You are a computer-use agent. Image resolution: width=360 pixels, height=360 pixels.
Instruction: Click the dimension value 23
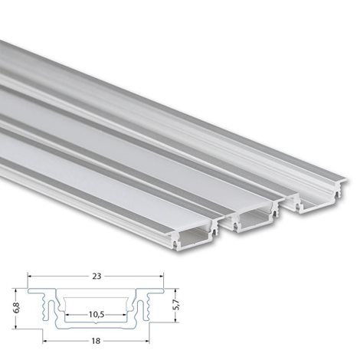tap(97, 277)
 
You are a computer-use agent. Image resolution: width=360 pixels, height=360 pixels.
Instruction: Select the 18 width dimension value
tap(96, 341)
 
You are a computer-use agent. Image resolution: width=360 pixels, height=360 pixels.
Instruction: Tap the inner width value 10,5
tap(97, 315)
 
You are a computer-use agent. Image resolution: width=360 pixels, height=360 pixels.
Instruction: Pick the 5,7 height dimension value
tap(176, 305)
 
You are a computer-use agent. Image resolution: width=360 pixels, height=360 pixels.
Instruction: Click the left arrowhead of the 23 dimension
tap(30, 277)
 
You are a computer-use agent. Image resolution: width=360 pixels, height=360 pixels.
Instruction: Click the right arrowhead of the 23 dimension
tap(161, 277)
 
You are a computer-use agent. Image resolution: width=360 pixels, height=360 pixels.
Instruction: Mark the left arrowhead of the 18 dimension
tap(44, 341)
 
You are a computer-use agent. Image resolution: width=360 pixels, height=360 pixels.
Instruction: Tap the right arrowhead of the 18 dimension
tap(147, 341)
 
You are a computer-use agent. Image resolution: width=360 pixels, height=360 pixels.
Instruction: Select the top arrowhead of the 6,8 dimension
tap(16, 290)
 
